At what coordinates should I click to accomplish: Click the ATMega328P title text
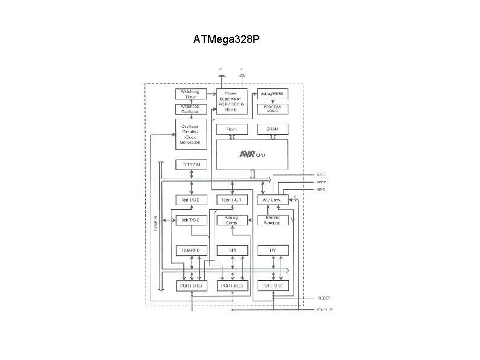pos(227,40)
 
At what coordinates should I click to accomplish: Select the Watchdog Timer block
pos(191,94)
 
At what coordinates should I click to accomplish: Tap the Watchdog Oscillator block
pos(191,109)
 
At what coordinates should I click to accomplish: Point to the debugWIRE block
pos(273,94)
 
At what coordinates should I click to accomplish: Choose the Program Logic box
pos(273,109)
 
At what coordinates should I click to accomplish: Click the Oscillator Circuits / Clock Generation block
pos(191,135)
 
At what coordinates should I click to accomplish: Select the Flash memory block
pos(232,129)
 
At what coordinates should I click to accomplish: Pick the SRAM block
pos(273,129)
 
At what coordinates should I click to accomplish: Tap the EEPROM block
pos(191,165)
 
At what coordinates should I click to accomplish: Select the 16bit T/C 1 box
pos(232,200)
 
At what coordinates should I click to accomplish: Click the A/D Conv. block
pos(270,200)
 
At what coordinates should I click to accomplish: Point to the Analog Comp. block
pos(232,220)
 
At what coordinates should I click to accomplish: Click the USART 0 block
pos(191,250)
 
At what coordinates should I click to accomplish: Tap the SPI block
pos(232,250)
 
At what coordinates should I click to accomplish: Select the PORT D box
pos(191,285)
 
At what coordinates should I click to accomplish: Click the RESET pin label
pos(324,298)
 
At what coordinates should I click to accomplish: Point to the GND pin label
pos(321,189)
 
